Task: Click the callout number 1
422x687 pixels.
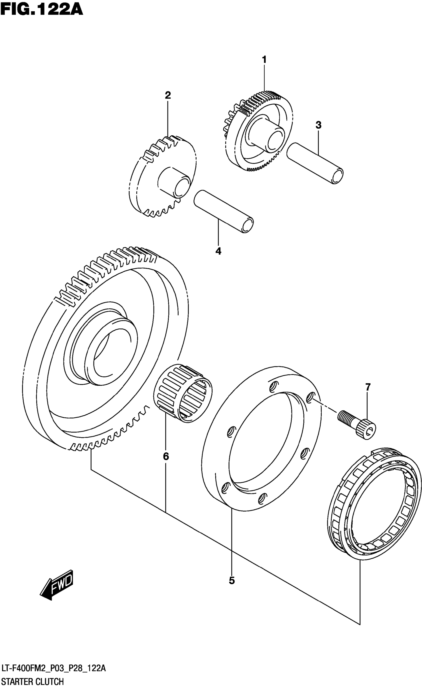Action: point(264,60)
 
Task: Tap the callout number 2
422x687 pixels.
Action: point(168,95)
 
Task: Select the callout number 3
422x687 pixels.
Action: point(318,125)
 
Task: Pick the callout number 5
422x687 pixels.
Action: point(232,581)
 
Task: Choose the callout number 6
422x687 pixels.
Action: point(166,457)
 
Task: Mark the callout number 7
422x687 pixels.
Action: point(368,387)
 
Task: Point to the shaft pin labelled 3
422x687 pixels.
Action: point(315,163)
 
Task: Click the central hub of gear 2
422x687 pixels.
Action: point(174,182)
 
